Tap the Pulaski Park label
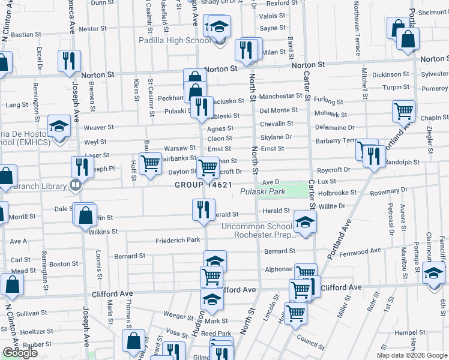pyautogui.click(x=263, y=192)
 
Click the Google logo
pyautogui.click(x=20, y=353)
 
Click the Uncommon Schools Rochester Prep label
pyautogui.click(x=259, y=231)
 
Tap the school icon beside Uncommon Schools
pyautogui.click(x=306, y=223)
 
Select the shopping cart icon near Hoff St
pyautogui.click(x=150, y=162)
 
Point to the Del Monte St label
pyautogui.click(x=279, y=110)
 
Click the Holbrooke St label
pyautogui.click(x=337, y=193)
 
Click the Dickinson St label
pyautogui.click(x=390, y=75)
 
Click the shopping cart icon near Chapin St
pyautogui.click(x=403, y=111)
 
